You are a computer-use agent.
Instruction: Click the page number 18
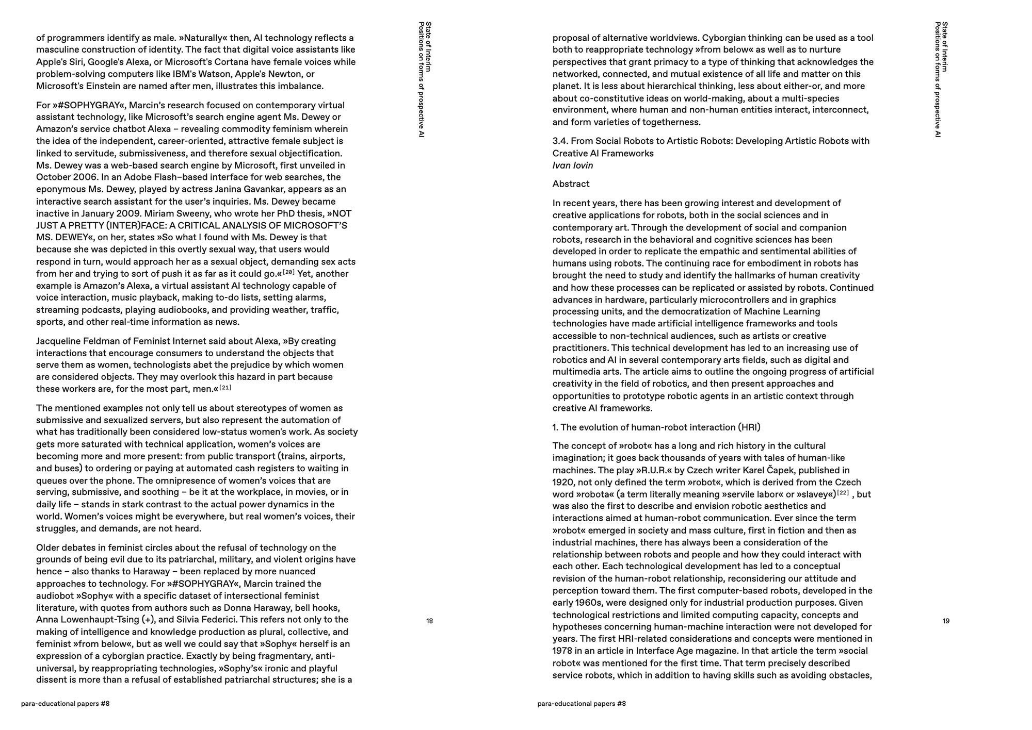[x=429, y=621]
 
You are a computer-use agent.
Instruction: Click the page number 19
[x=946, y=621]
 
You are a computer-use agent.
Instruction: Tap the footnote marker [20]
[x=288, y=272]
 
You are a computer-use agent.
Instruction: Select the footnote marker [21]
[x=225, y=387]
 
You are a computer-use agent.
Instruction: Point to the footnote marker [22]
[x=843, y=492]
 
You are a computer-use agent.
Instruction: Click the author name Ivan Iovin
[x=573, y=165]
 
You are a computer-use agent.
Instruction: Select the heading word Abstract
[x=571, y=184]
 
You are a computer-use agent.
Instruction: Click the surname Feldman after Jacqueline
[x=106, y=341]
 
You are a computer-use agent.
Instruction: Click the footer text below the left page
[x=66, y=704]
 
